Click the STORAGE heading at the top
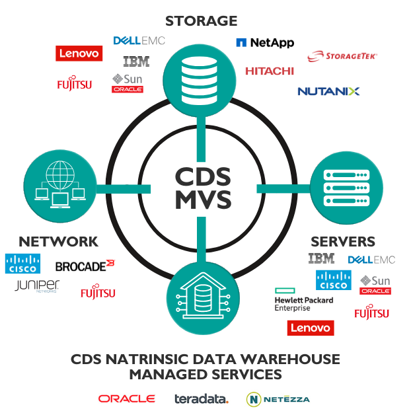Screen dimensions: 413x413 point(201,20)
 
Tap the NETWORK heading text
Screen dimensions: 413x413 point(59,241)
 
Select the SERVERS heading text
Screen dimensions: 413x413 point(343,241)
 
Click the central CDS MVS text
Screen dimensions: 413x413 point(203,188)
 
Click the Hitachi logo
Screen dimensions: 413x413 point(269,71)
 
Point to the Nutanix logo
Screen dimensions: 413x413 point(328,91)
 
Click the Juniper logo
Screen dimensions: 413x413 point(37,286)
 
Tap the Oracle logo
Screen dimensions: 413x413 point(127,398)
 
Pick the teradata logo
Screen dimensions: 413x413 point(202,399)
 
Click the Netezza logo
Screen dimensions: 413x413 point(278,399)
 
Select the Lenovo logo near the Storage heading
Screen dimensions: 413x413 point(79,54)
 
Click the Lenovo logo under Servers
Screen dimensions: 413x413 point(311,328)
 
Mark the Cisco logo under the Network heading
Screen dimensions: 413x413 point(22,264)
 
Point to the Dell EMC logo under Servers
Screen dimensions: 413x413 point(371,260)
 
